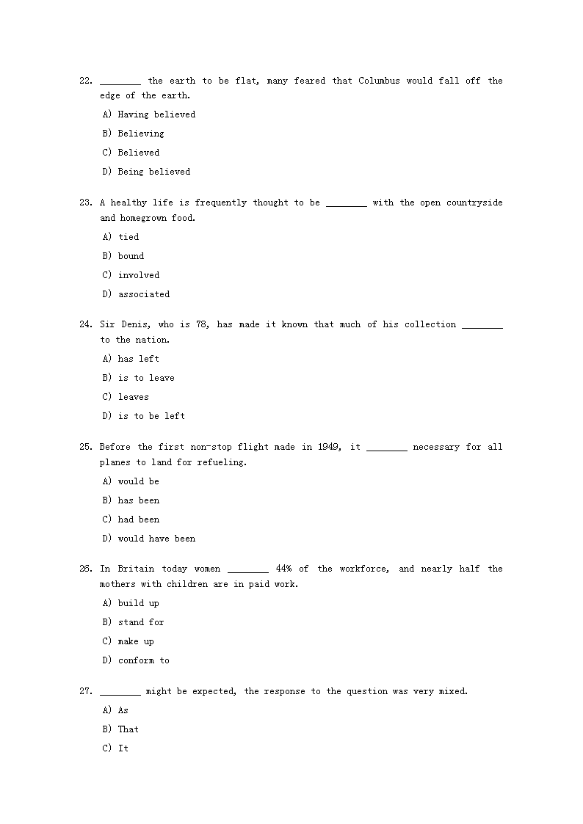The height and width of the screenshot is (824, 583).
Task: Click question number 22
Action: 85,81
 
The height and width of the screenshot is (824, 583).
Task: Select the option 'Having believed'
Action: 156,114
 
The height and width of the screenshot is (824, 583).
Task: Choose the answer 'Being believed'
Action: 153,172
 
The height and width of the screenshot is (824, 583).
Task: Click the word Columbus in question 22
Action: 379,81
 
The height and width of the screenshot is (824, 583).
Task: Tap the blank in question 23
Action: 346,203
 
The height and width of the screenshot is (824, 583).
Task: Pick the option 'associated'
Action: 144,294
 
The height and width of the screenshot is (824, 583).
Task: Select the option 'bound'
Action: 131,256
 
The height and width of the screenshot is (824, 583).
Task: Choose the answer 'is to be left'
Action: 151,416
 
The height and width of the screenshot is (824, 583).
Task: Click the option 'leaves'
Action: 133,397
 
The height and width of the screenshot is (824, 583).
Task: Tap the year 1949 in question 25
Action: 328,447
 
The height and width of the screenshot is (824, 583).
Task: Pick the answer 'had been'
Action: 138,519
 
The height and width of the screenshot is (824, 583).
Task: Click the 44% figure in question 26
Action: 283,569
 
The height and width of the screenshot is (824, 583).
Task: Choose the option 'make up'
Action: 136,641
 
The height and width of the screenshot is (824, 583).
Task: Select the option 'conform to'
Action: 143,660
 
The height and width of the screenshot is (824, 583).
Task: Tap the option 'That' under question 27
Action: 128,729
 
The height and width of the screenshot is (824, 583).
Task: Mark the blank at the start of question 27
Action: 120,692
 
